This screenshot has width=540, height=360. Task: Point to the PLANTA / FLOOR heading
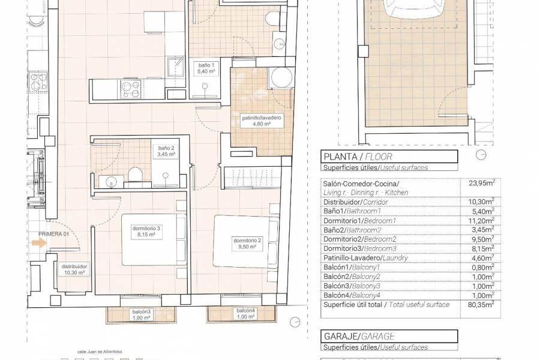pos(350,158)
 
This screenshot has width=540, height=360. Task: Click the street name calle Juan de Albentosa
pos(95,353)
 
